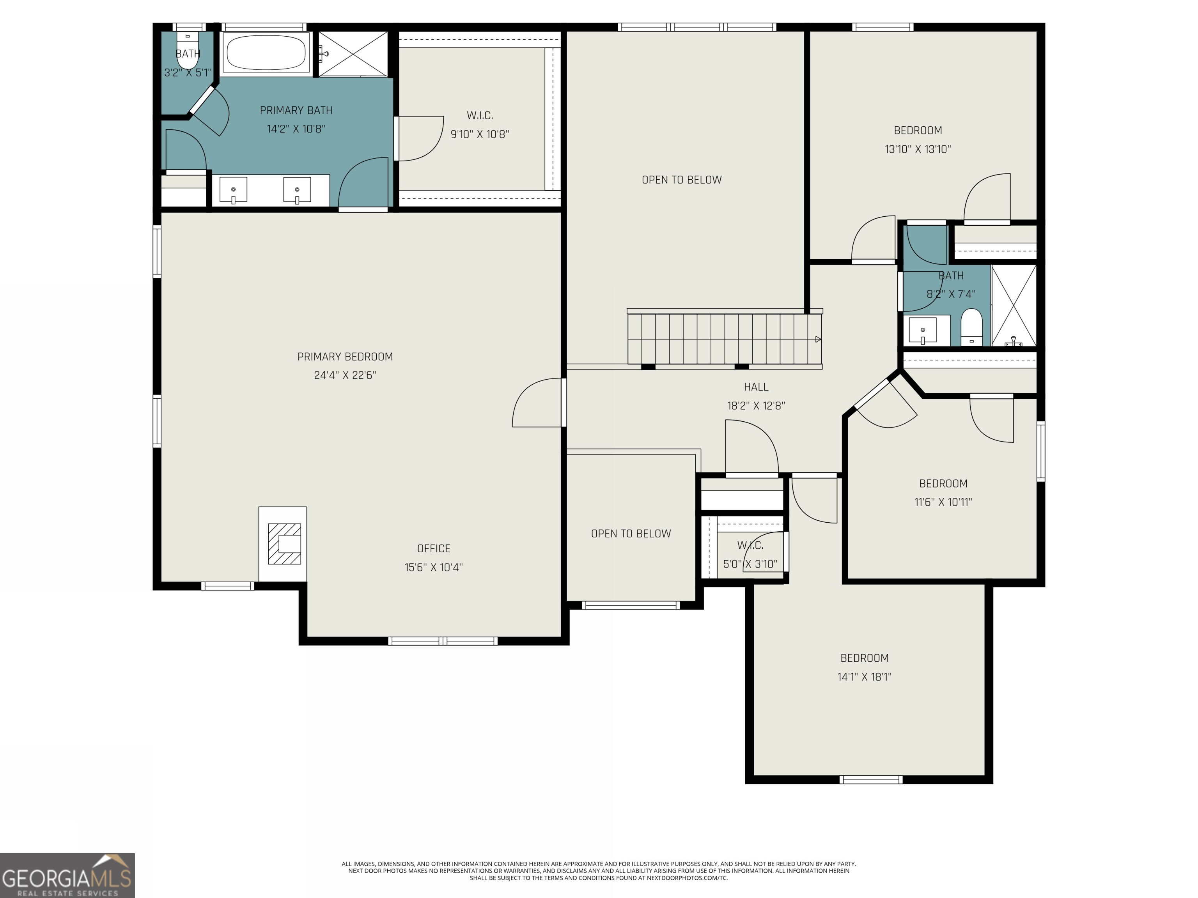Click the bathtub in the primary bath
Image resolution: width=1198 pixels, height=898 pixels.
(266, 53)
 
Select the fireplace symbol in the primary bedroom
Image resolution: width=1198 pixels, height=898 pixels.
(284, 543)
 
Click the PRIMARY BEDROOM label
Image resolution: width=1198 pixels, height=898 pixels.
(345, 357)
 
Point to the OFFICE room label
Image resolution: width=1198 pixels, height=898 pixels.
(433, 548)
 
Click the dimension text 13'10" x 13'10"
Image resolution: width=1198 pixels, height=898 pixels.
(918, 149)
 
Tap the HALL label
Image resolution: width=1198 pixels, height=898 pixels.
(755, 387)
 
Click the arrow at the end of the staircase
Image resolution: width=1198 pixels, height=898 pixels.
(818, 339)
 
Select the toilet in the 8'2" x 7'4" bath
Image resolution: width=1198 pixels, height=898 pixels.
(971, 326)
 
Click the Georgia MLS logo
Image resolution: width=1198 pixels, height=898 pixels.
(67, 875)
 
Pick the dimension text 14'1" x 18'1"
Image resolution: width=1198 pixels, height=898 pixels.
(864, 677)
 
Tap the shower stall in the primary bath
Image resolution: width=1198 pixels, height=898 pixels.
(353, 53)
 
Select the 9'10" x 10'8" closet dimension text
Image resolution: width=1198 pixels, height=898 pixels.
(479, 134)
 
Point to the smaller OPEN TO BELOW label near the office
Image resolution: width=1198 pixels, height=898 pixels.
(631, 534)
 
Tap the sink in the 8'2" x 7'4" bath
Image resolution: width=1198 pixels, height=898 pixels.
(922, 330)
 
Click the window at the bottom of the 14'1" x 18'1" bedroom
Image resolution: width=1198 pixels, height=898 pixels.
(871, 780)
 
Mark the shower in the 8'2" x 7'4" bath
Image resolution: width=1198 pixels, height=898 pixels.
(1013, 306)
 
